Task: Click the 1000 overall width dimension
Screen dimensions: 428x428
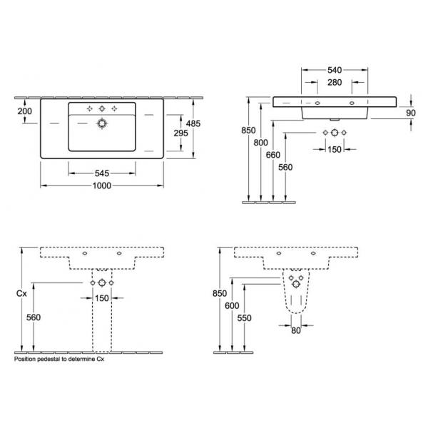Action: (102, 185)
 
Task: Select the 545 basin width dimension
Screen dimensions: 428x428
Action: (102, 173)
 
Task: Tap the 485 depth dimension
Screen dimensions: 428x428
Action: (193, 123)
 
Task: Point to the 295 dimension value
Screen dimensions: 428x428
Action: (181, 133)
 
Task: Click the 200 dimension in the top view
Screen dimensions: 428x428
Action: (24, 111)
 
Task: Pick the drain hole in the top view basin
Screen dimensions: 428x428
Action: (102, 123)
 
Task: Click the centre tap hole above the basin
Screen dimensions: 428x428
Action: (102, 108)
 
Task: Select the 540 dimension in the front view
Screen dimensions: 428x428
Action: (335, 70)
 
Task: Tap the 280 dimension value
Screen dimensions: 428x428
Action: (335, 83)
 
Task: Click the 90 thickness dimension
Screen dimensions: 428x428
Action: (411, 113)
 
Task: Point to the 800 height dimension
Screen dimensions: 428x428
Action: (260, 143)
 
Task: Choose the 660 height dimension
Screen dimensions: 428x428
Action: (273, 155)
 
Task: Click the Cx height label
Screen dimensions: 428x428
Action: (21, 293)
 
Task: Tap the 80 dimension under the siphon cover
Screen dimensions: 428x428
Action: (296, 330)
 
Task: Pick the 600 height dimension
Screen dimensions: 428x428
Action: (232, 306)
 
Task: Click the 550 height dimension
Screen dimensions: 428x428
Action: (244, 318)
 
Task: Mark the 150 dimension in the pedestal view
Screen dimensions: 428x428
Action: (102, 298)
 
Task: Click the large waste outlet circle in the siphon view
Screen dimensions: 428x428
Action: (296, 285)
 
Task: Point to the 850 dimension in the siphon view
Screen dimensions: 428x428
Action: (220, 293)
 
